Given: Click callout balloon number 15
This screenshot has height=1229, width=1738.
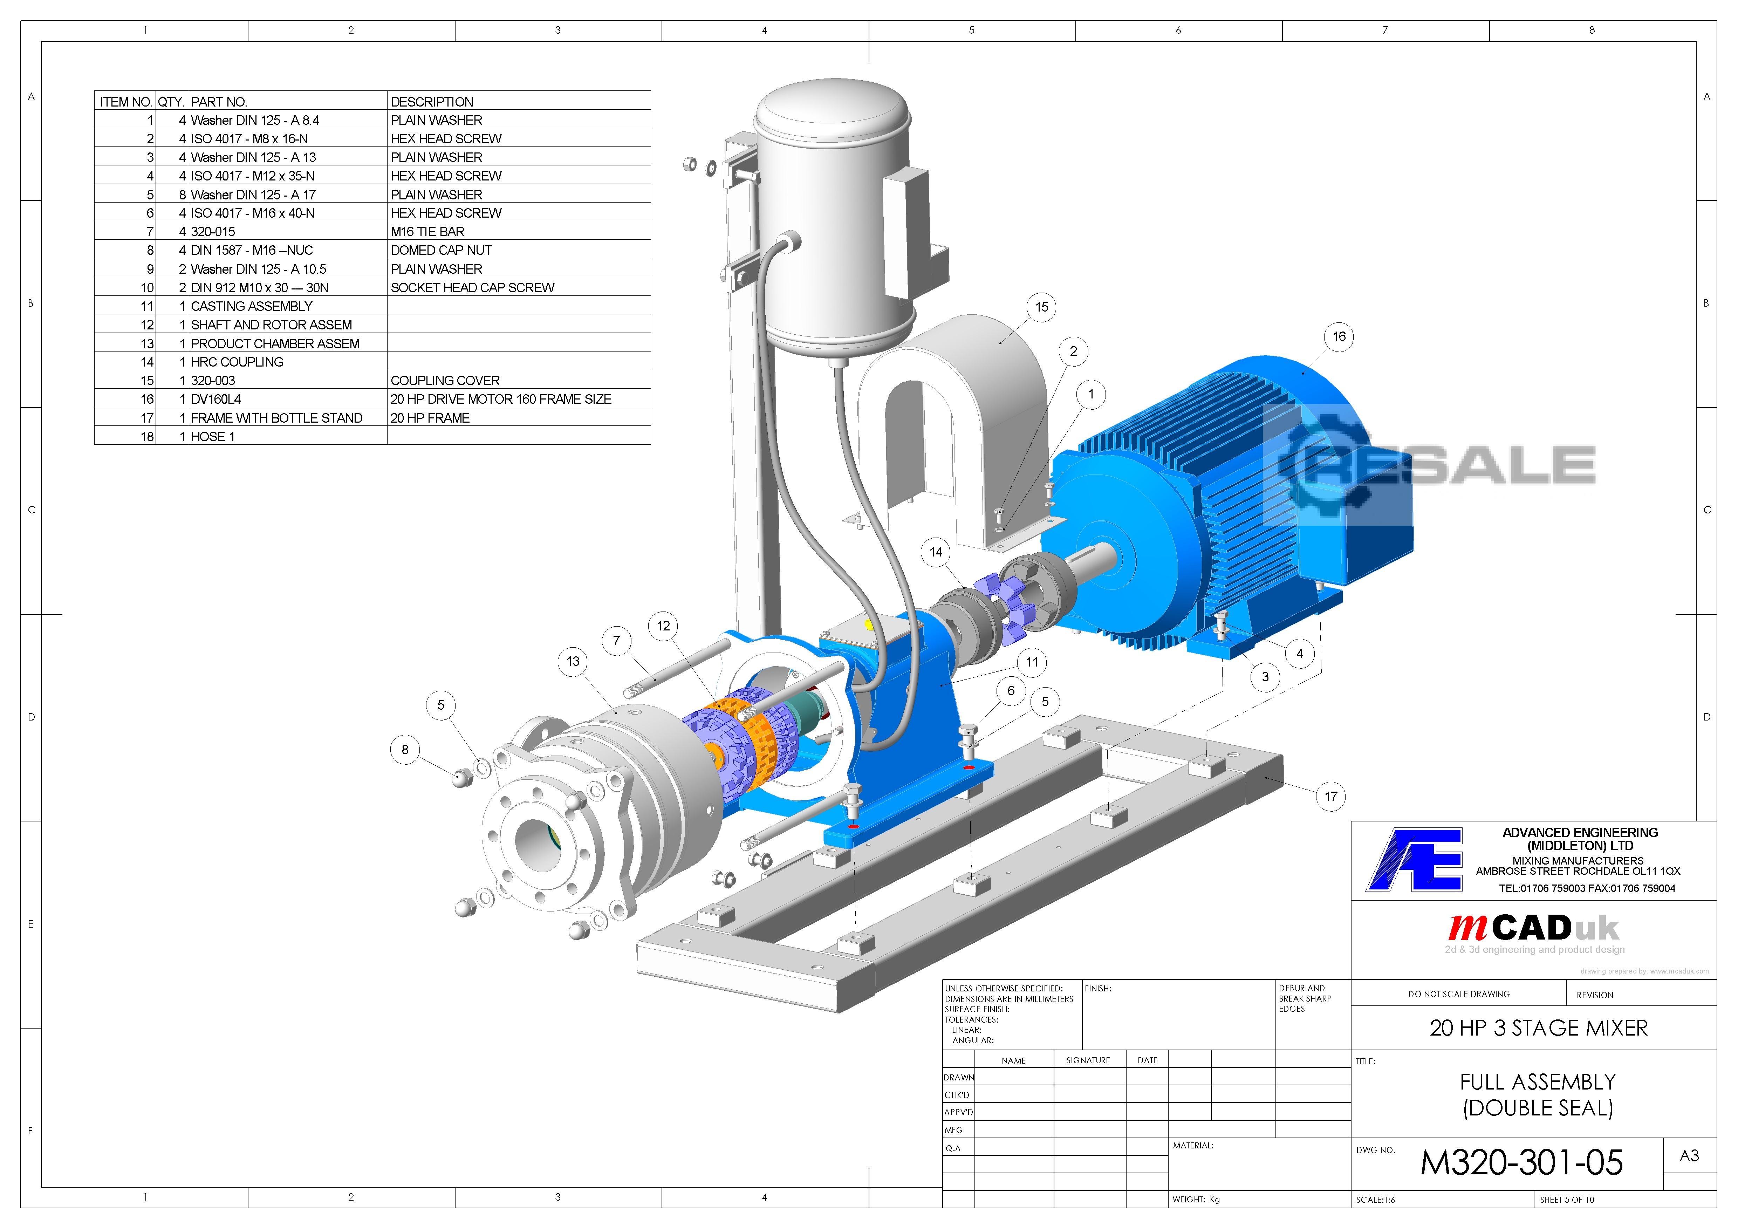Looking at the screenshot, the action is coord(1042,307).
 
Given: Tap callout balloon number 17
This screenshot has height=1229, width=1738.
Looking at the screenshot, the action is coord(1331,796).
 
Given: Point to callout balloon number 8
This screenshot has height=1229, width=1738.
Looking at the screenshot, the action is coord(405,749).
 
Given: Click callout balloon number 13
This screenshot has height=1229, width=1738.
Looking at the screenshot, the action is coord(573,661).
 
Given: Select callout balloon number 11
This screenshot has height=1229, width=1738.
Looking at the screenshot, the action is coord(1032,662).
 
